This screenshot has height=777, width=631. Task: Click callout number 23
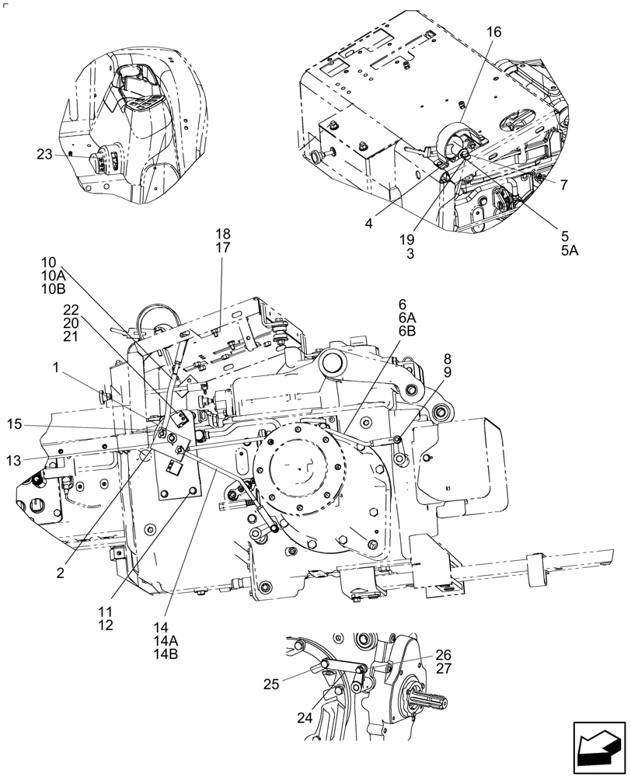click(x=44, y=155)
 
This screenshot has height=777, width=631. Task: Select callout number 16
click(x=494, y=32)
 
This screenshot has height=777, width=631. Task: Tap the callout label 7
click(x=563, y=184)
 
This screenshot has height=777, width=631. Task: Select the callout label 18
click(x=223, y=234)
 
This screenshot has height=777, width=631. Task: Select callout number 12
click(x=105, y=625)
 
